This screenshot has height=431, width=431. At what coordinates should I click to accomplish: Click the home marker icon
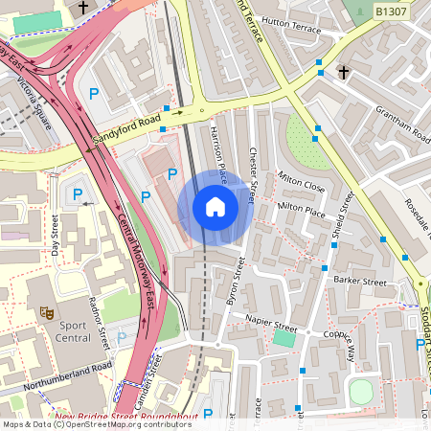click(215, 207)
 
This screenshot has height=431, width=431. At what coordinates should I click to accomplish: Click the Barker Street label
click(359, 283)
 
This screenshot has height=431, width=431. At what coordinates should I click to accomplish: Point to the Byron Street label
click(230, 286)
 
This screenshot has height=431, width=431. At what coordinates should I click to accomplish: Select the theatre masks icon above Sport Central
click(44, 312)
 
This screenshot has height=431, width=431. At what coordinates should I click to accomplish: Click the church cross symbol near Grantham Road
click(343, 72)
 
